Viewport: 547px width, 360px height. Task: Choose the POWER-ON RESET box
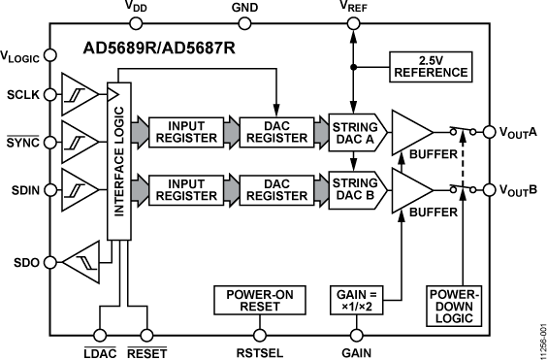[x=252, y=300]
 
